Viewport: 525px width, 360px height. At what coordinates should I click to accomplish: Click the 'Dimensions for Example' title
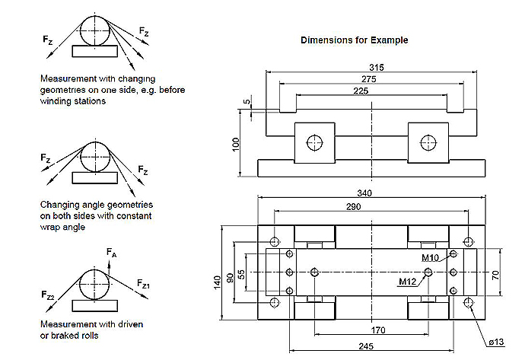tap(354, 40)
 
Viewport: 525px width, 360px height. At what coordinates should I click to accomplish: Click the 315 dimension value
tap(377, 68)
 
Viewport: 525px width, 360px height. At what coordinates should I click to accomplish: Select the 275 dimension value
tap(371, 79)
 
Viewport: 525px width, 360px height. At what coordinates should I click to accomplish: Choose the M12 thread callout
tap(408, 282)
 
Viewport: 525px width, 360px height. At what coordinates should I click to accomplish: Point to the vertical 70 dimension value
tap(495, 273)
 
